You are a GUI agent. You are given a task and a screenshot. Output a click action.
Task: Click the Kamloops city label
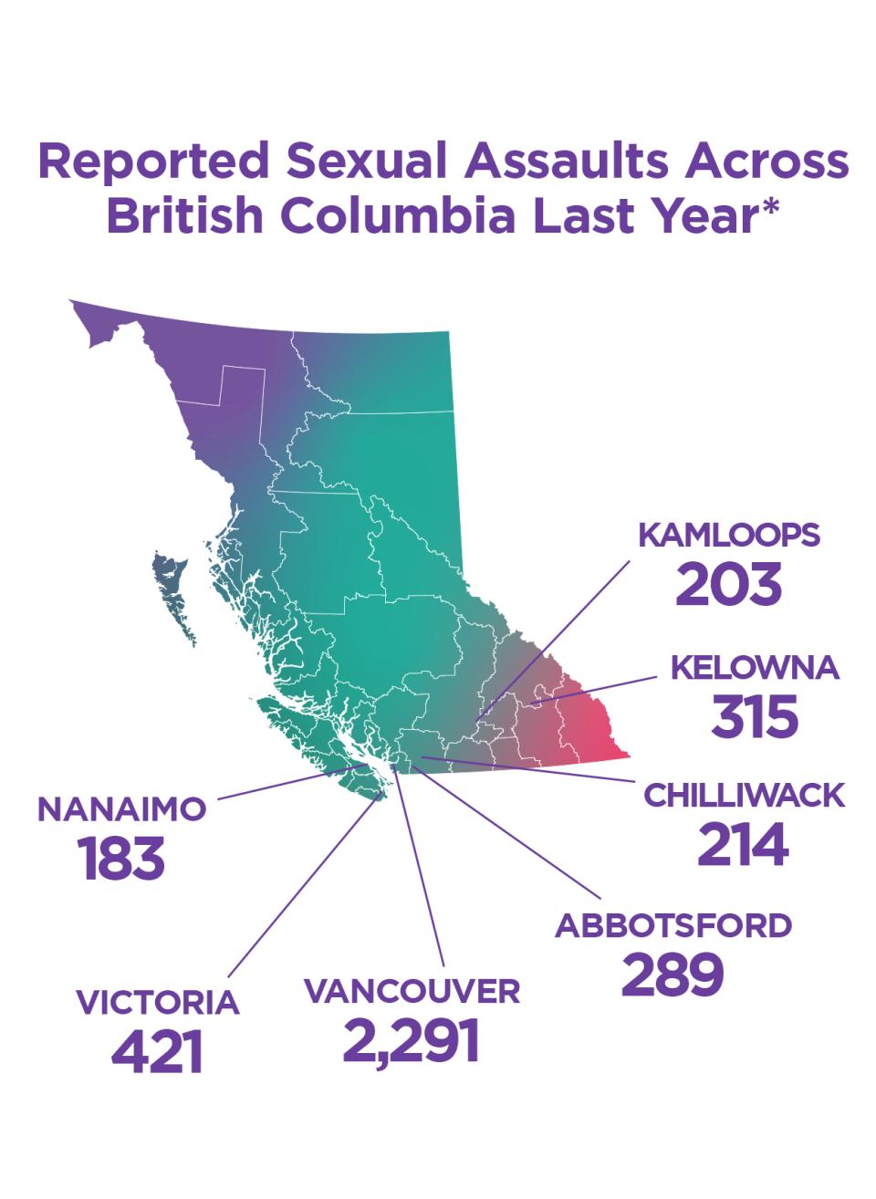click(728, 535)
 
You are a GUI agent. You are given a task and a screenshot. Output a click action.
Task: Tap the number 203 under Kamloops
click(728, 585)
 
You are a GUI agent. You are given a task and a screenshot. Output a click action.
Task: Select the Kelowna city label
click(755, 668)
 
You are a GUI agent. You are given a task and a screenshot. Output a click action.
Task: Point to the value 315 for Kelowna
click(755, 717)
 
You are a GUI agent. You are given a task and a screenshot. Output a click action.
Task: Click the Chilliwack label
click(744, 796)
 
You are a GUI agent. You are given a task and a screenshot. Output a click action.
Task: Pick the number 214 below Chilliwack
click(743, 845)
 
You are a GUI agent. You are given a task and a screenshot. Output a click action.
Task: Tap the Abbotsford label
click(673, 925)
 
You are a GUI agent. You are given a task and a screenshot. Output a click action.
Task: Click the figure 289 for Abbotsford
click(673, 975)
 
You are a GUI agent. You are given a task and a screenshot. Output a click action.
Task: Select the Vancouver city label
click(412, 991)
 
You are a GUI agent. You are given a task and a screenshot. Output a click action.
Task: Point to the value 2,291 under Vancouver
click(412, 1041)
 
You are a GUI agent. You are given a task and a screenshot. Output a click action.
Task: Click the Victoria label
click(158, 1002)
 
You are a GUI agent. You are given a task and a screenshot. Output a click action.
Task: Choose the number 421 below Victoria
click(157, 1052)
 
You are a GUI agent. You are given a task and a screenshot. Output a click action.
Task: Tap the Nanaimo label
click(122, 809)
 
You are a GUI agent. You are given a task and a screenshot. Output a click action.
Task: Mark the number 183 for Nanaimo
click(122, 860)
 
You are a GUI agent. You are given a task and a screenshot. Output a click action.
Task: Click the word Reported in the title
click(153, 162)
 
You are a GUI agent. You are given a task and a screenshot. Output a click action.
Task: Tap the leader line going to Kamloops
click(557, 639)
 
